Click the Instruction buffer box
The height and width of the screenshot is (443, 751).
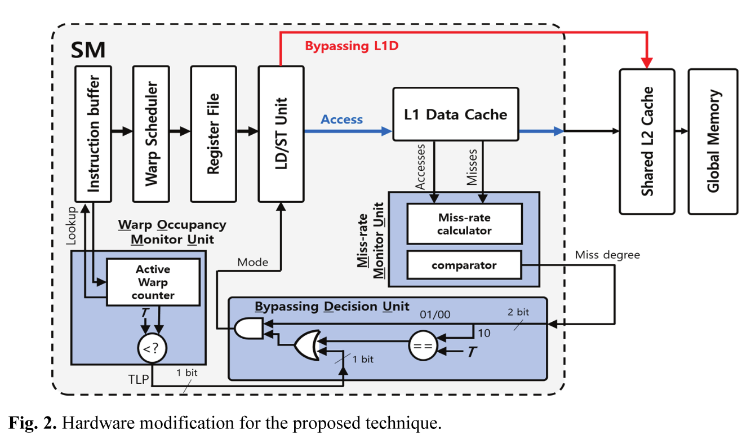[x=93, y=134]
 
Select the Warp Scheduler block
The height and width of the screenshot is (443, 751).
[x=151, y=134]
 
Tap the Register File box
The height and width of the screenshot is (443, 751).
[x=212, y=134]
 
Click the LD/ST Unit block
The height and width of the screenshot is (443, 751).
[x=281, y=134]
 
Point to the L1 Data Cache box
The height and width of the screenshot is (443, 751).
[x=455, y=114]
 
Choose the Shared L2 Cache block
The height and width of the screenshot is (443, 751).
[x=646, y=141]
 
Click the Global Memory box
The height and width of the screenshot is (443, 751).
[x=712, y=141]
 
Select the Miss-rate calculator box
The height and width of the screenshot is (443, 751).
[x=464, y=224]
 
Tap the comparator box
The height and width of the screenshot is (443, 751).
[x=464, y=265]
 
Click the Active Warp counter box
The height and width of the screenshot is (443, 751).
[x=153, y=282]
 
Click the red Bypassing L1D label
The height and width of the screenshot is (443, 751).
[x=352, y=46]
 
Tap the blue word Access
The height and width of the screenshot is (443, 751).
[x=341, y=119]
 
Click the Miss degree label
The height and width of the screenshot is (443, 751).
[x=607, y=255]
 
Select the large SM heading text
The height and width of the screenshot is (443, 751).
[x=88, y=50]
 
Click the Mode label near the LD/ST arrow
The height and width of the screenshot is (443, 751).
[x=252, y=262]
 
